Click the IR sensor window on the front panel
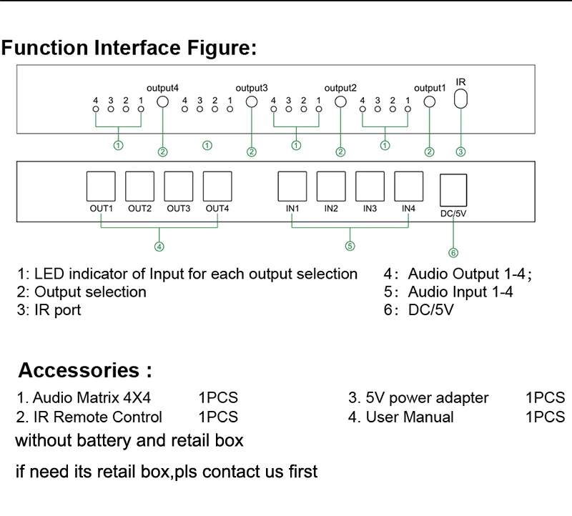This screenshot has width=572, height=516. coord(461,98)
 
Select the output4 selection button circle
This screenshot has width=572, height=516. coord(163,102)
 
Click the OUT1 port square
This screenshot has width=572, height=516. coord(101,187)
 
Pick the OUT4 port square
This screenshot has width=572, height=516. coord(217,187)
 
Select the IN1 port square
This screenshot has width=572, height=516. coord(292,187)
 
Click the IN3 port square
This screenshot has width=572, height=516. coord(370,187)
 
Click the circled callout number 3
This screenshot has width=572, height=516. coord(461,152)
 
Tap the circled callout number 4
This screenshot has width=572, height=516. coord(159,247)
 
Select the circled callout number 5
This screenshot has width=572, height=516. coord(350,247)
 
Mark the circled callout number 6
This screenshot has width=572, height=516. coord(453,252)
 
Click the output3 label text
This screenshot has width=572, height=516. coord(251,88)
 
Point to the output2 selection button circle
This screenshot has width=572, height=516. coord(341,101)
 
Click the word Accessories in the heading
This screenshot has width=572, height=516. coord(79,370)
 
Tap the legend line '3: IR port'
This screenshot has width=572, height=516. coord(49,310)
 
